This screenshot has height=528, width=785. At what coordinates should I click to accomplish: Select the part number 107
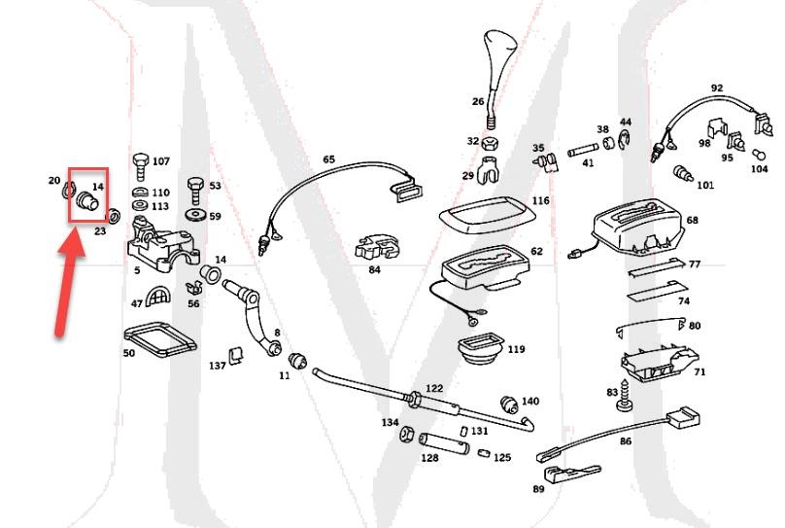(160, 161)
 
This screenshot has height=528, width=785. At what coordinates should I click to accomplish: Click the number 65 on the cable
(328, 159)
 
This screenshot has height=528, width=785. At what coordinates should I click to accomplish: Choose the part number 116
(540, 201)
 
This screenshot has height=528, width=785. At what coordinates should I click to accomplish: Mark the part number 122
(433, 387)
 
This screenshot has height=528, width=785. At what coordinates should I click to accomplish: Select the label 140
(529, 401)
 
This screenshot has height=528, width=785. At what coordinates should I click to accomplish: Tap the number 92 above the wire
(717, 88)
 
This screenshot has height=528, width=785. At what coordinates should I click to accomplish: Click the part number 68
(692, 221)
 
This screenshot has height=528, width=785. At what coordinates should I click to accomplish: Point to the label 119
(515, 349)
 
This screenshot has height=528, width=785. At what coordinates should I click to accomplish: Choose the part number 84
(374, 269)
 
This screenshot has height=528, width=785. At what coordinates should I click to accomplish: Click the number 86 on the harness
(625, 441)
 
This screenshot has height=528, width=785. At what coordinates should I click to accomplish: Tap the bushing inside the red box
(87, 201)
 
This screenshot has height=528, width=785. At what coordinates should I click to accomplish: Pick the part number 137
(217, 366)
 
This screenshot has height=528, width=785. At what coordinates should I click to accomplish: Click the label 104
(759, 168)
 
